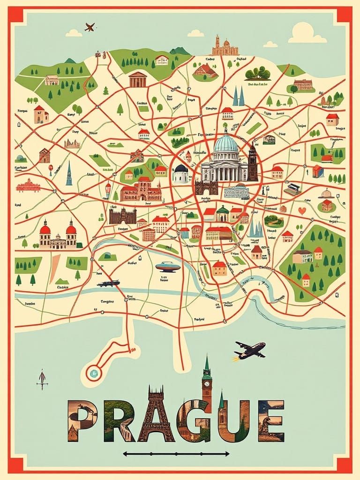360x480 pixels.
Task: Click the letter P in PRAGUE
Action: pos(82,420)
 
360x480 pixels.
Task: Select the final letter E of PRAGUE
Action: pos(270,420)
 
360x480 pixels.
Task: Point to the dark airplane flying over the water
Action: pos(250,350)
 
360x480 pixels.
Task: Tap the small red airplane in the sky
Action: pos(90,27)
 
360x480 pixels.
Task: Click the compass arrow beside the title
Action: pos(42,379)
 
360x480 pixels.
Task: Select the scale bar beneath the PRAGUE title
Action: pos(176,453)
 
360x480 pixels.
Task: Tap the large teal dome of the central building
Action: pos(225,142)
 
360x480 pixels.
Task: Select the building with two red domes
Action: pos(58,234)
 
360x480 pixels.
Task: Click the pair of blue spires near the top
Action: pos(239,97)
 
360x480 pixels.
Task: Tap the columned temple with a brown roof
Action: pos(137,79)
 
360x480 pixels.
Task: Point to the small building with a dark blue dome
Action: pos(180,173)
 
